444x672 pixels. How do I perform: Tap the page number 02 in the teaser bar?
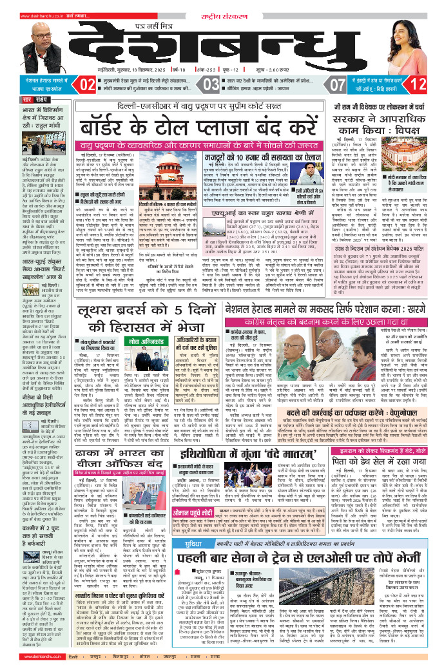(x=87, y=84)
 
